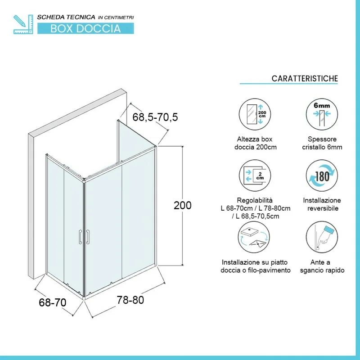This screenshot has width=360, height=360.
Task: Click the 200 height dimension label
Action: click(x=183, y=205)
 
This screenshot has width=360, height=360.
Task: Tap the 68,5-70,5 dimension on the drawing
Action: click(x=155, y=117)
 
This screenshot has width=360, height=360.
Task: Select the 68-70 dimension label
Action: click(x=53, y=302)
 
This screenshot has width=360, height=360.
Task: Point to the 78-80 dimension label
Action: click(x=130, y=300)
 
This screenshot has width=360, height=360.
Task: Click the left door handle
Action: click(x=80, y=237)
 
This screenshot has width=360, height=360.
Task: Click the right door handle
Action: click(x=88, y=237)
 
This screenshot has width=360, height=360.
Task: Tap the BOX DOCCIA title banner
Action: click(x=85, y=28)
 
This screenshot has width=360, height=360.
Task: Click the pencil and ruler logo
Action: click(x=23, y=24)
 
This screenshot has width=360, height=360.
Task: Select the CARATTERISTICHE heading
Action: click(x=305, y=78)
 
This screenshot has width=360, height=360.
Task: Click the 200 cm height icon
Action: click(x=255, y=114)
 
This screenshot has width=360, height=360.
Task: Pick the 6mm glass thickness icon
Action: click(x=322, y=114)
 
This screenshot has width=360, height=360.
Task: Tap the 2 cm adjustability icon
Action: click(x=255, y=175)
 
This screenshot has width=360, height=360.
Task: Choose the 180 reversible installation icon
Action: click(x=322, y=175)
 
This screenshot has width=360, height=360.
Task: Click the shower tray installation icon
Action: click(x=254, y=237)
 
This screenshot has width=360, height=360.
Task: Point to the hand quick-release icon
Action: click(x=322, y=237)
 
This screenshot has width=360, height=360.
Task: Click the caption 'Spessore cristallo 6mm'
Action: click(x=322, y=143)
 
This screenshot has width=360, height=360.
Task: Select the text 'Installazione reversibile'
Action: click(x=322, y=204)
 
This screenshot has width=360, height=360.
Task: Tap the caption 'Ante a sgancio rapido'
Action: click(x=322, y=266)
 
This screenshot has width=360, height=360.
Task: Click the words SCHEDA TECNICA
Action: click(x=66, y=17)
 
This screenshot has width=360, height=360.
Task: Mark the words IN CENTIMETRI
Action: click(x=116, y=18)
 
